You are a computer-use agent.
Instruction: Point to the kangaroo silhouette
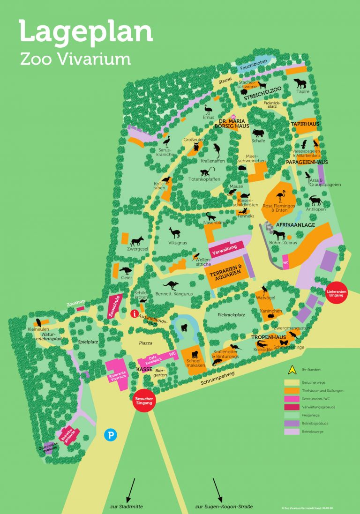point(171,285)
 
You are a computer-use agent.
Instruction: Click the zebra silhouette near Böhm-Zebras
point(279,235)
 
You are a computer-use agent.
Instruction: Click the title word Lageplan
point(85,32)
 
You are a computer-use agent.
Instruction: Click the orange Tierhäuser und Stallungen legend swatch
point(292,390)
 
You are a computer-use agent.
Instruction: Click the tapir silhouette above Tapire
point(300,83)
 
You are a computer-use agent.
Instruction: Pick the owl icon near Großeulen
point(196,147)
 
